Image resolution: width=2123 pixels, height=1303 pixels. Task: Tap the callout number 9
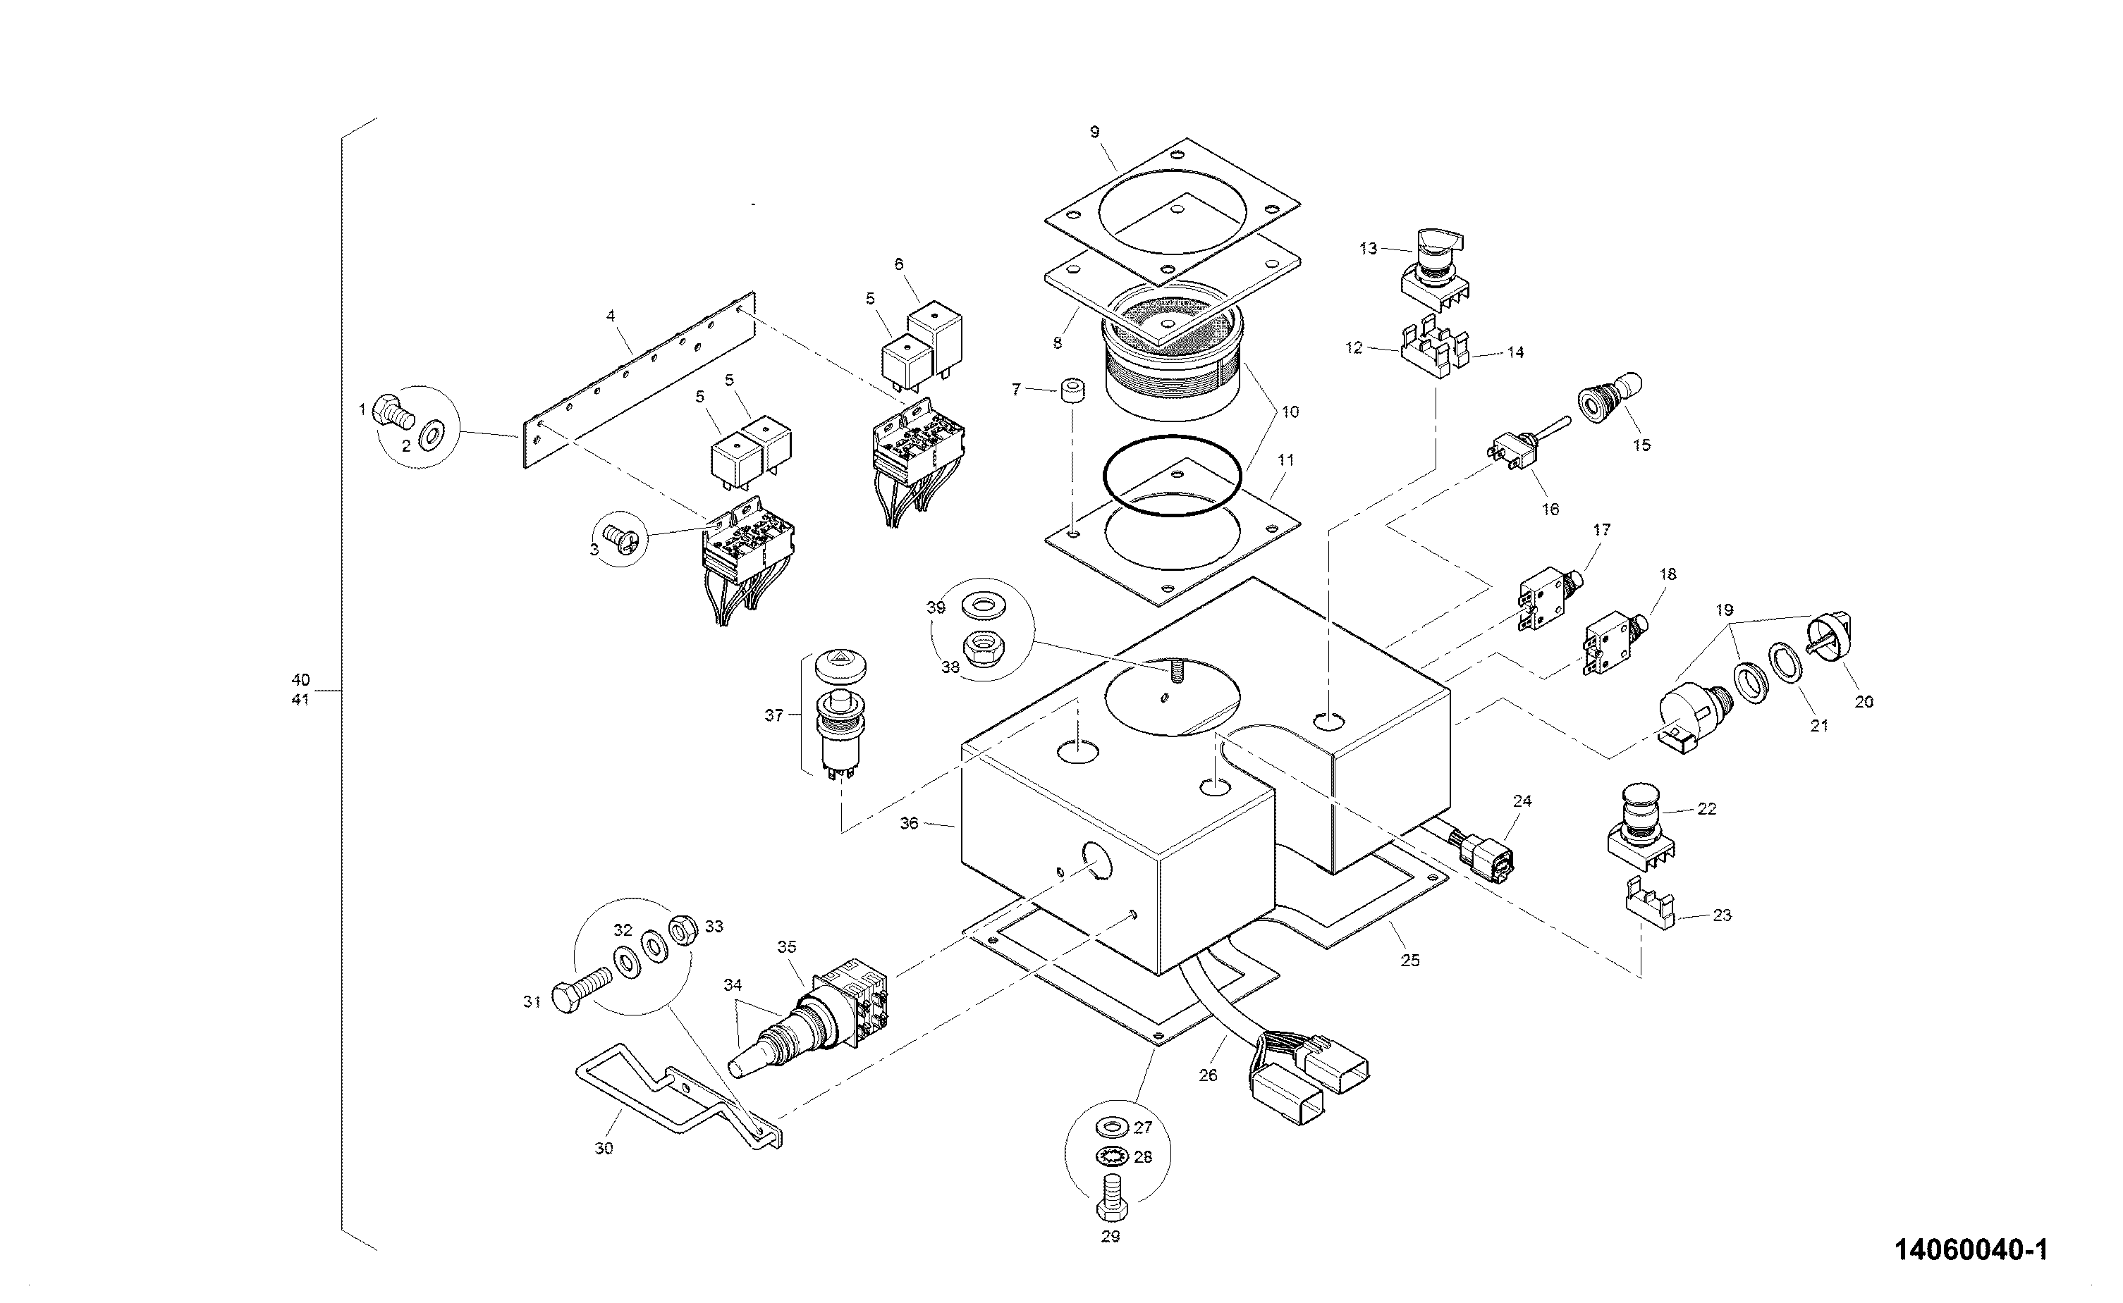click(x=1095, y=132)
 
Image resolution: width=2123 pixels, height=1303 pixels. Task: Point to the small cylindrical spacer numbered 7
click(x=1070, y=392)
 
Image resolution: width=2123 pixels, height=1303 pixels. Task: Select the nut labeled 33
click(x=682, y=929)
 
